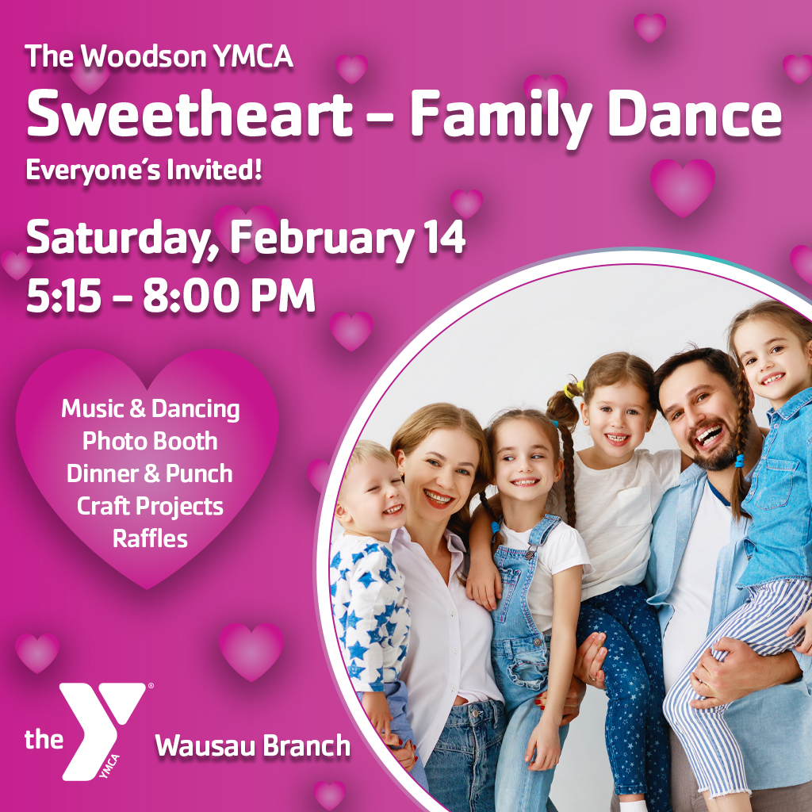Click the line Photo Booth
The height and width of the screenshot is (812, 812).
pos(150,441)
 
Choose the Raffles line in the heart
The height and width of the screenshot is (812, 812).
pos(150,539)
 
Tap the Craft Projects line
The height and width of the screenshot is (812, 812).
pos(150,506)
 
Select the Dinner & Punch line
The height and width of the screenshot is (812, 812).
pos(150,473)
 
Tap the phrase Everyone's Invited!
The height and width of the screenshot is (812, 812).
pos(144,170)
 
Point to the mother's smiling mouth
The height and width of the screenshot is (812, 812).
pos(439,498)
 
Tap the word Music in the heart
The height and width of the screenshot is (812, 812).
pos(92,409)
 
